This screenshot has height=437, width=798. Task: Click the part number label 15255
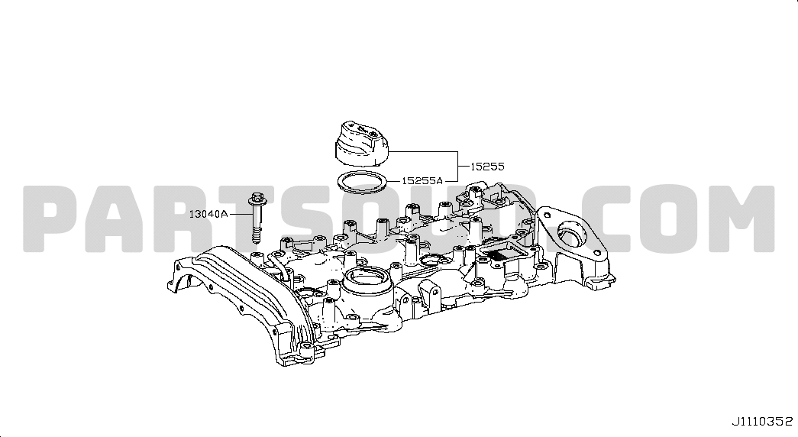pos(487,167)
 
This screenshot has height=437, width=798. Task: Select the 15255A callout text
pos(422,180)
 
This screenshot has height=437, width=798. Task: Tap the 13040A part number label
pos(208,215)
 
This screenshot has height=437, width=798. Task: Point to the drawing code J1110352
pos(762,422)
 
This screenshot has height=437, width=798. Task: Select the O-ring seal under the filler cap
pos(363,182)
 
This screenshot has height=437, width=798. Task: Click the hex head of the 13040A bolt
pos(256,198)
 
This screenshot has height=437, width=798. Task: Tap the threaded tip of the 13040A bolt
pos(256,235)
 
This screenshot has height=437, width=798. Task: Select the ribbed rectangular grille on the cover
pos(501,252)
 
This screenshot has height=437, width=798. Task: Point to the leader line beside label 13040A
pos(239,215)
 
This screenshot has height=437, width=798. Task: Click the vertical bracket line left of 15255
pos(457,167)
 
